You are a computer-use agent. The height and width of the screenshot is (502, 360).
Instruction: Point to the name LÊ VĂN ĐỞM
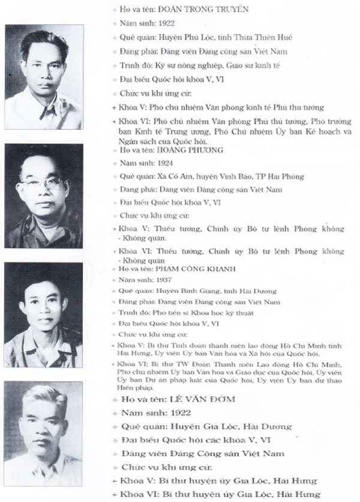pyautogui.click(x=204, y=399)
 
